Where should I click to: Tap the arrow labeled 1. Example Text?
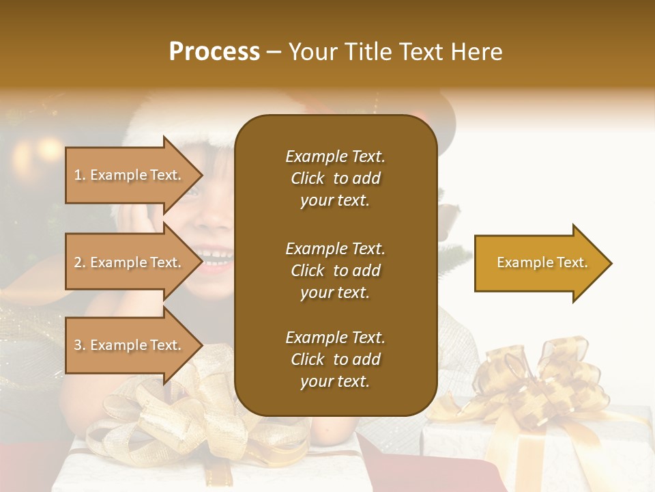pyautogui.click(x=130, y=175)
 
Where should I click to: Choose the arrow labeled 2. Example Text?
pyautogui.click(x=130, y=262)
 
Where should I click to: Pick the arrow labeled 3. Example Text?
pyautogui.click(x=130, y=345)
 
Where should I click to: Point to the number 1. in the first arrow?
pyautogui.click(x=80, y=175)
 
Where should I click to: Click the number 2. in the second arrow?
pyautogui.click(x=80, y=262)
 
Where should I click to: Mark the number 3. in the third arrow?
pyautogui.click(x=80, y=345)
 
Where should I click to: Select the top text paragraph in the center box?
pyautogui.click(x=335, y=178)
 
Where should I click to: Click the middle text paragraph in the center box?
pyautogui.click(x=335, y=271)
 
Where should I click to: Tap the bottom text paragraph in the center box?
pyautogui.click(x=335, y=359)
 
